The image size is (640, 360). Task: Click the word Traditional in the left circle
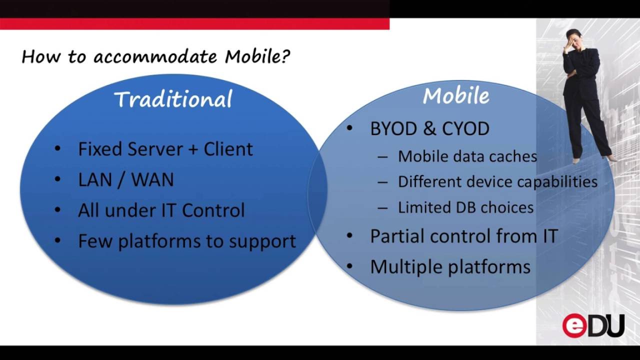pyautogui.click(x=173, y=99)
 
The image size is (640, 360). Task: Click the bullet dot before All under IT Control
pyautogui.click(x=58, y=210)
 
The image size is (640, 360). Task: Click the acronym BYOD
pyautogui.click(x=393, y=129)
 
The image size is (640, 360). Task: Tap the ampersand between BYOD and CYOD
pyautogui.click(x=429, y=129)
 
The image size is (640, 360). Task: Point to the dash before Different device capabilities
pyautogui.click(x=382, y=182)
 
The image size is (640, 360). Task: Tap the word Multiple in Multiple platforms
pyautogui.click(x=406, y=266)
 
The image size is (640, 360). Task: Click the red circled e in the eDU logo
pyautogui.click(x=574, y=326)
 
